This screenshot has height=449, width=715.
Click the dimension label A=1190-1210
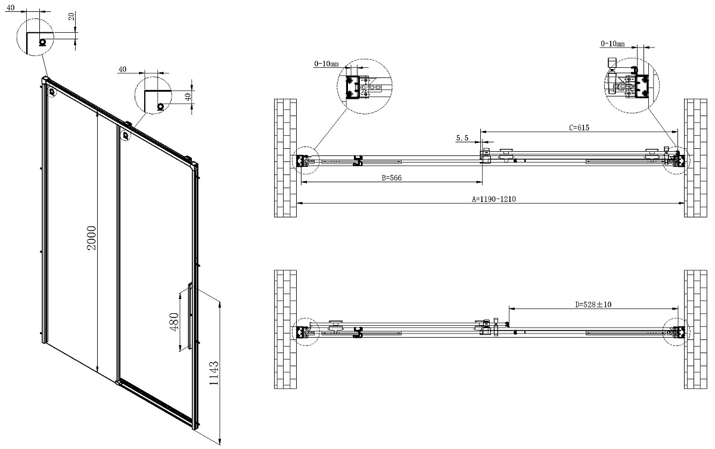[494, 199]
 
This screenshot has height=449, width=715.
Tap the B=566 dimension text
[391, 177]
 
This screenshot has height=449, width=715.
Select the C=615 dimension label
[579, 127]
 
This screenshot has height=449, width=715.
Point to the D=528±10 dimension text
[593, 304]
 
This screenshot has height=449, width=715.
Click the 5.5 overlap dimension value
[462, 138]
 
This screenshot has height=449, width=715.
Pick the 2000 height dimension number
[92, 238]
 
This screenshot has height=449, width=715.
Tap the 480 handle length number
[174, 322]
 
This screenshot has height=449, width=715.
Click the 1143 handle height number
[214, 373]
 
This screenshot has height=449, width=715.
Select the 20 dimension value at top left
[72, 16]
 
